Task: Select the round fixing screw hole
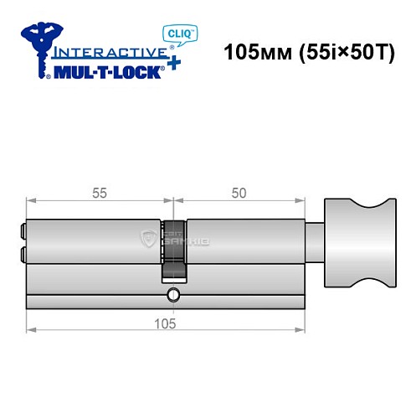coord(172,294)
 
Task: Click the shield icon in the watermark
coord(149,241)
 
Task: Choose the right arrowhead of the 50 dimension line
coord(299,201)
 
